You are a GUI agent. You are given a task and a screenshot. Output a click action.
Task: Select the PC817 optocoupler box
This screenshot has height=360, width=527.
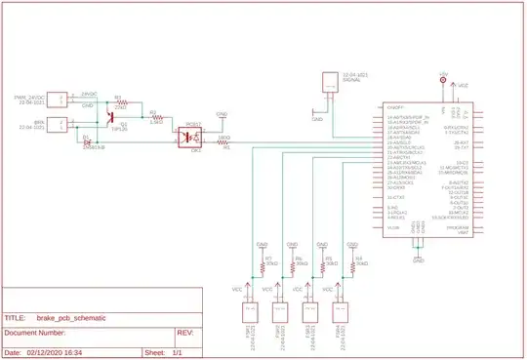coord(187,139)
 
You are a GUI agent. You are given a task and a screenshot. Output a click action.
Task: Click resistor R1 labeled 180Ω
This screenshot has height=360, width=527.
coord(223,142)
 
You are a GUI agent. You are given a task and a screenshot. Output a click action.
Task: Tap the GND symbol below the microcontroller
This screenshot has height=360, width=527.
coord(418,260)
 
